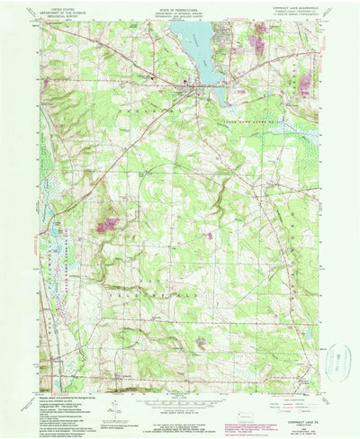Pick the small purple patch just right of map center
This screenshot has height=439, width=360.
point(210,236)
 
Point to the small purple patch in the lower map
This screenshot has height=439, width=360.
point(200,343)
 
